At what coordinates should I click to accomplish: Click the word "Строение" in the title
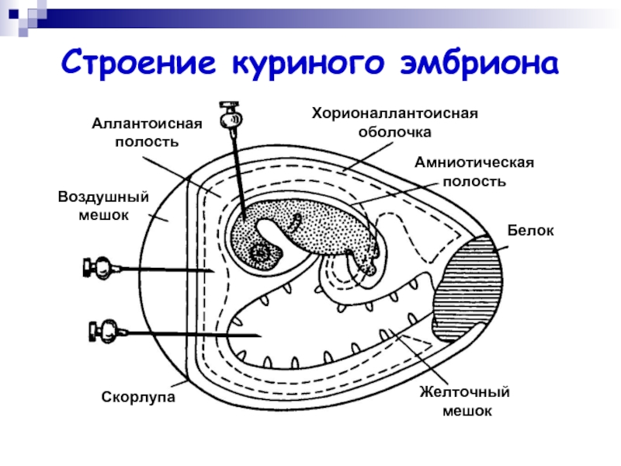(x=139, y=62)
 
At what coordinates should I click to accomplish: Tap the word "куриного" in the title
(x=307, y=64)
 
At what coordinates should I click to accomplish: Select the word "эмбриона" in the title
(x=480, y=63)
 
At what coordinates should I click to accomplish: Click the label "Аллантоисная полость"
(x=147, y=133)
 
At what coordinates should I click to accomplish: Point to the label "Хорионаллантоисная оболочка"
(x=395, y=123)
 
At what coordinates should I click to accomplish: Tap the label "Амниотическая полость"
(x=474, y=172)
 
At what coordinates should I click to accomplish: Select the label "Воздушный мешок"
(x=103, y=206)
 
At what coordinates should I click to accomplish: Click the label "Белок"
(x=530, y=231)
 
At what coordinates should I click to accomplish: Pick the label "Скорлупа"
(x=138, y=397)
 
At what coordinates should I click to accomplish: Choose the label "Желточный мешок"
(x=465, y=401)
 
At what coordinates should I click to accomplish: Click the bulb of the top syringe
(x=231, y=119)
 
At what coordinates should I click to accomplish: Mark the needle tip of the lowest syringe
(x=261, y=336)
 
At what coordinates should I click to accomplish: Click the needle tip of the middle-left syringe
(x=214, y=271)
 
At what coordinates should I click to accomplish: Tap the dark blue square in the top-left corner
(x=13, y=14)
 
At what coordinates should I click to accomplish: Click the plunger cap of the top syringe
(x=229, y=105)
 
